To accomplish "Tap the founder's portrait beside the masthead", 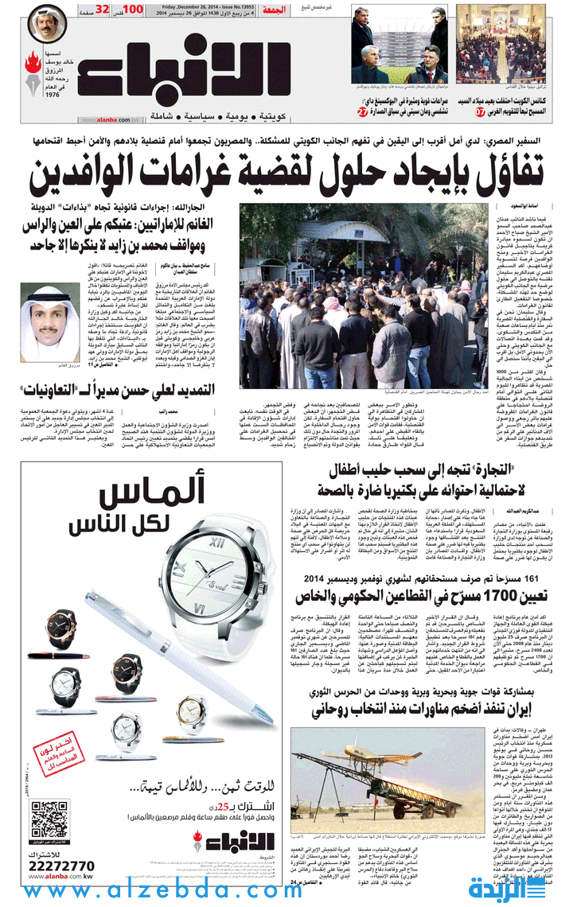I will (x=48, y=25).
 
